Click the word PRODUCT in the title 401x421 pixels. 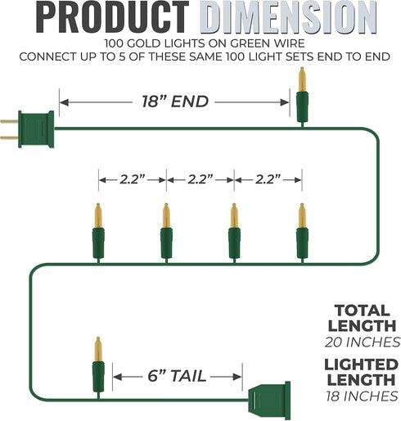point(112,18)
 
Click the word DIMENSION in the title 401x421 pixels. point(288,18)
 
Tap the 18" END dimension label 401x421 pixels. point(175,102)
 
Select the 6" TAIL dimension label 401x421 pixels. point(177,376)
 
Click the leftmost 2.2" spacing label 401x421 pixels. point(133,179)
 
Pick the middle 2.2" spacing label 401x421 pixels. point(200,179)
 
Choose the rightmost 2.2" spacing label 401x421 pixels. point(268,179)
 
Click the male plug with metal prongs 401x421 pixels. point(27,129)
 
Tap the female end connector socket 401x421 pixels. point(269,401)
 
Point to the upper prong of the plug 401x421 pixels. point(9,121)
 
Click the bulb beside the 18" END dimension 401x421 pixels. point(302,97)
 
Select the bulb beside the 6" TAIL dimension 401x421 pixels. point(98,368)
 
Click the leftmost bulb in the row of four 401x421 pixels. point(98,233)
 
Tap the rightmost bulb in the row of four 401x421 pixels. point(302,233)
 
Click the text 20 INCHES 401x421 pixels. point(363,342)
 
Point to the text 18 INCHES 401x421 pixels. point(362,396)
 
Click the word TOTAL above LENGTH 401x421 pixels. point(362,310)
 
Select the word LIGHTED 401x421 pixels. point(361,364)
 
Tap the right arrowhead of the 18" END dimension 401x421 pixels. point(285,102)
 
